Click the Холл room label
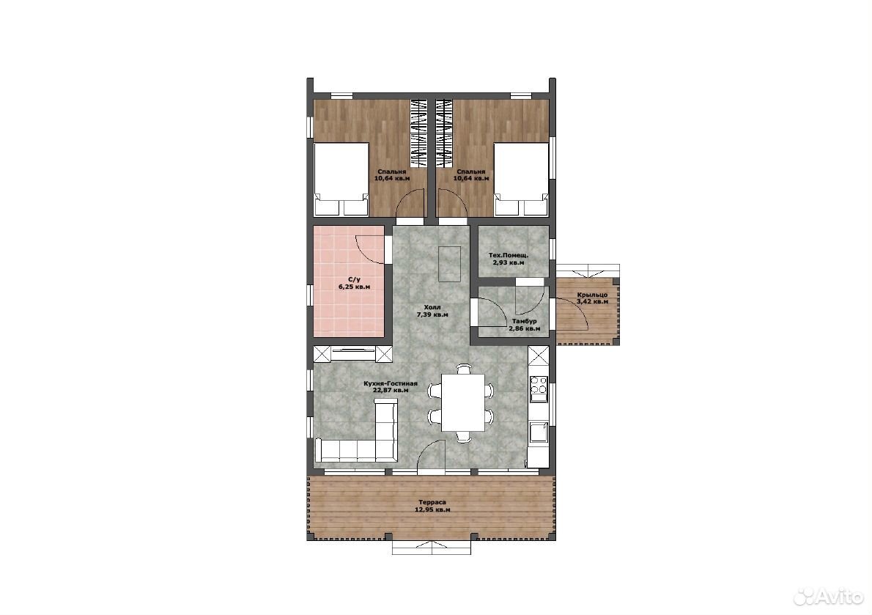[x=432, y=307]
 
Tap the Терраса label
[x=432, y=502]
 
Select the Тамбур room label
[x=525, y=321]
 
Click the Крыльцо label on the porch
[x=592, y=295]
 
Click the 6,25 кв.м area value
[x=354, y=287]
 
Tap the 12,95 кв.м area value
[x=432, y=509]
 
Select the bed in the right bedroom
[x=522, y=179]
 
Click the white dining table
[x=463, y=402]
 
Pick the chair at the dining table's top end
[x=463, y=368]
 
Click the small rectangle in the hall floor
[x=448, y=264]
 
